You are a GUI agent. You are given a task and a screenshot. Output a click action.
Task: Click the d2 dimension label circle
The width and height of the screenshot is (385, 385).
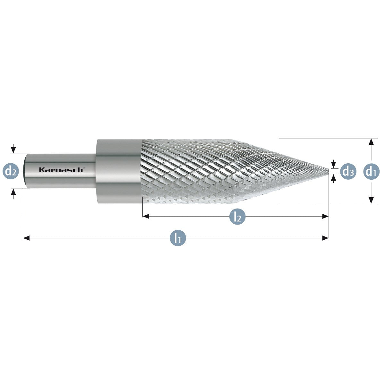(x=11, y=171)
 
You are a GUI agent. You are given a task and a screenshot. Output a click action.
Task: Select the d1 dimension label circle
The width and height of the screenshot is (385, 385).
(x=371, y=171)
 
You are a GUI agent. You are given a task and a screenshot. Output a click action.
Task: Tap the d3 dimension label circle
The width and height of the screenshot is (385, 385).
(x=348, y=171)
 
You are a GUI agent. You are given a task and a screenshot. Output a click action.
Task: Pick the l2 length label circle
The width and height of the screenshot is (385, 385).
(x=237, y=217)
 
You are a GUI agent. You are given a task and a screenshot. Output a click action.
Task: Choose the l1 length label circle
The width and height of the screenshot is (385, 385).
(x=178, y=238)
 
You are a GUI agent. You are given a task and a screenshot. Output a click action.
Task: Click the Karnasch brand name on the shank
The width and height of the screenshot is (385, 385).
(x=61, y=170)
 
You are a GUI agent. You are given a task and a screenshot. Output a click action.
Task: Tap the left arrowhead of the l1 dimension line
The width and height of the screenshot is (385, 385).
(x=26, y=238)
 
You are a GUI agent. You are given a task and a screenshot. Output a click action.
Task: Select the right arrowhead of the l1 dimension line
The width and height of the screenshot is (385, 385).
(x=325, y=238)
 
